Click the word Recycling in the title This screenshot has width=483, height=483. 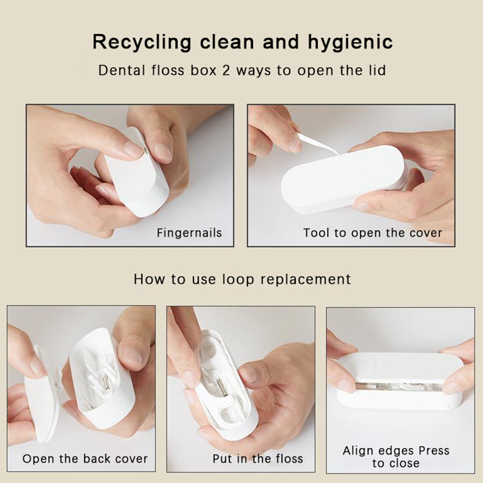142,42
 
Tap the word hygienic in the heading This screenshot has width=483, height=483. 350,42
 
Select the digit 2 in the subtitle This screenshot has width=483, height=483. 226,70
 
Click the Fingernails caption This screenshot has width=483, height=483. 189,233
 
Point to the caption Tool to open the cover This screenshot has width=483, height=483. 373,233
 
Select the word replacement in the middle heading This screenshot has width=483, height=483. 306,280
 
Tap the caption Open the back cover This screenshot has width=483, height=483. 85,459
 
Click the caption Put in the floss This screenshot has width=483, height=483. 258,459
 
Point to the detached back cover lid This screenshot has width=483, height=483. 42,395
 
